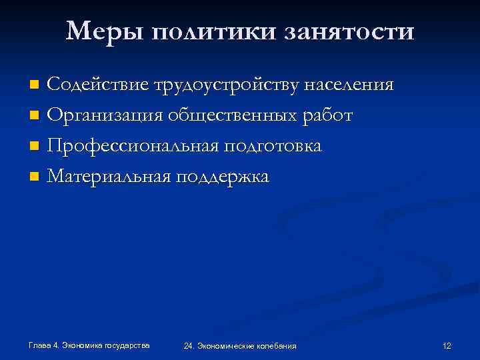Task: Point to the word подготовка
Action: coord(273,146)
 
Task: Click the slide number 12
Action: coord(447,345)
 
